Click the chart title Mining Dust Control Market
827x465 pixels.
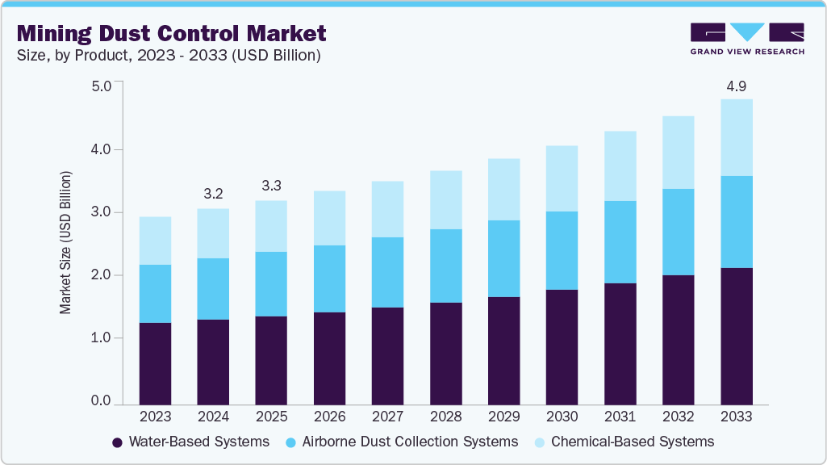[x=172, y=33]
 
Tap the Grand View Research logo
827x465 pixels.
[x=746, y=38]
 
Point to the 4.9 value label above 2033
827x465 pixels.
[x=736, y=86]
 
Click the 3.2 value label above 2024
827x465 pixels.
[x=213, y=194]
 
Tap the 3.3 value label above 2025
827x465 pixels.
[x=271, y=186]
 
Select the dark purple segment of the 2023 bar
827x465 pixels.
[x=155, y=363]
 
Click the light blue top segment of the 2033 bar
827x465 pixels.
[x=736, y=137]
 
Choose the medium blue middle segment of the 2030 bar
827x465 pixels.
[x=562, y=250]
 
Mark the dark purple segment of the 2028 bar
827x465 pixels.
[x=445, y=354]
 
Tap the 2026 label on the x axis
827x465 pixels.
[x=329, y=417]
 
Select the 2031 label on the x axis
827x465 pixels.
[x=620, y=417]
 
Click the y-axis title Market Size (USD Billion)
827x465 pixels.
[x=65, y=242]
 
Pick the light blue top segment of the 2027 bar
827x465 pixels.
[x=387, y=209]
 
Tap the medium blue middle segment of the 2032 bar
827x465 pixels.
[x=678, y=232]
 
